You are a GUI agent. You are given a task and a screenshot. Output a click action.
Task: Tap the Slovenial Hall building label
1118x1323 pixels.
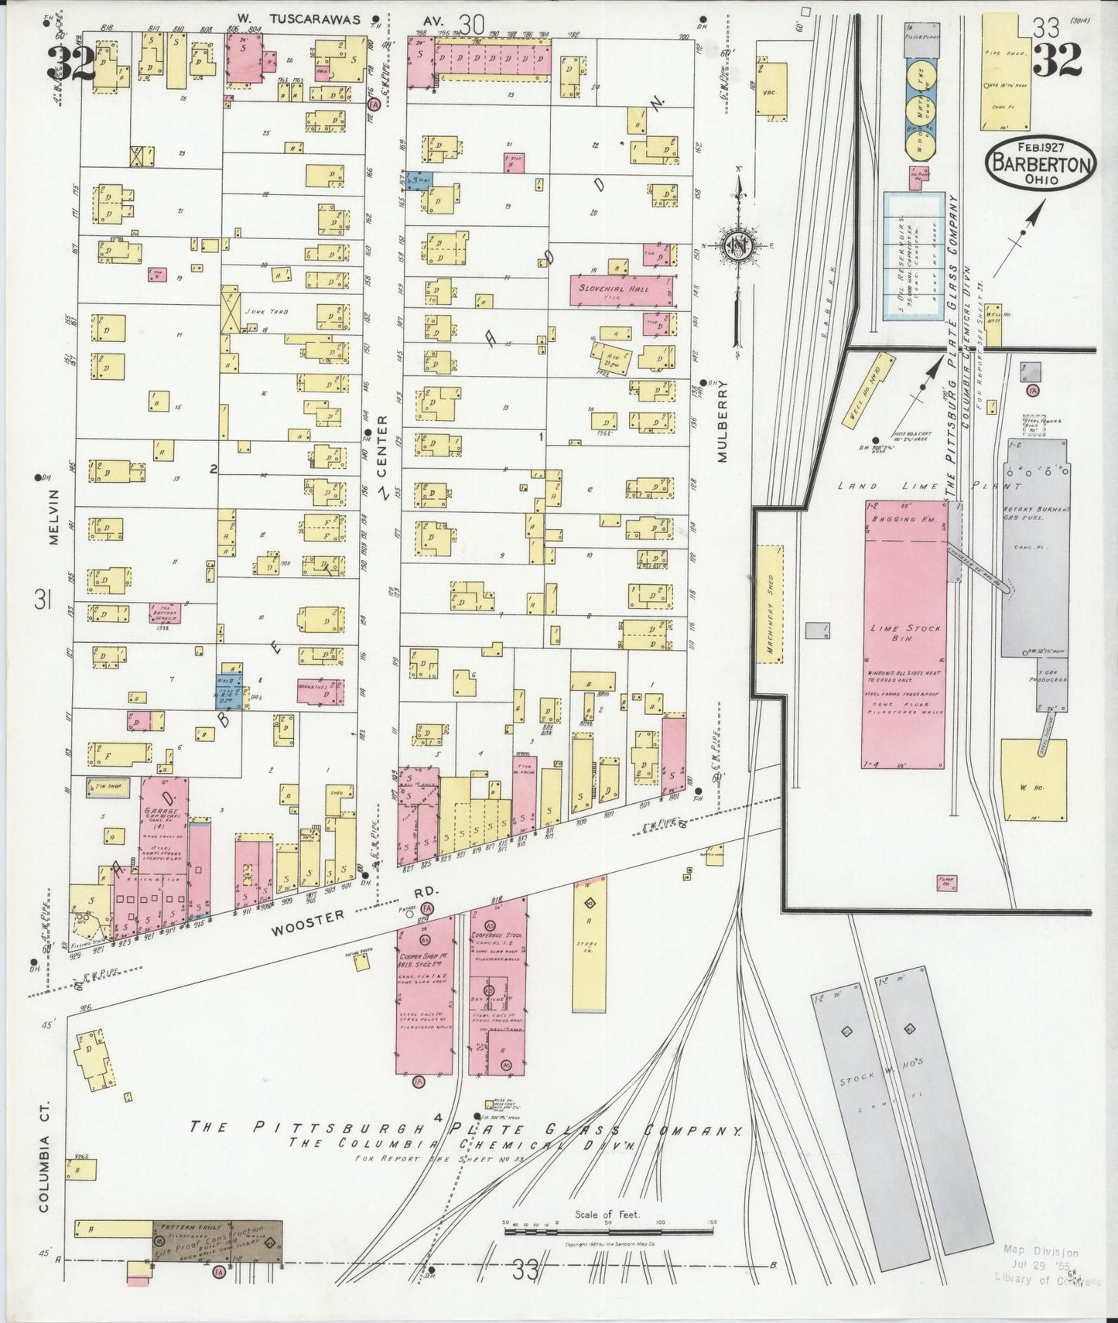pos(620,289)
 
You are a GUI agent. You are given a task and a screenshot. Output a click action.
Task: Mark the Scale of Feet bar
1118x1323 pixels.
pos(608,1229)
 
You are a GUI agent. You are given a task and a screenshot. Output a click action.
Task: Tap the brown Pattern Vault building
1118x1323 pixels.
pos(217,1242)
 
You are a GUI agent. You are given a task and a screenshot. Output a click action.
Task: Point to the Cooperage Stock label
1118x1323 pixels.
pos(497,935)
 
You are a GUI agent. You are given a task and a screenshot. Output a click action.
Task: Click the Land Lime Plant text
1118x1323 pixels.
pos(928,486)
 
